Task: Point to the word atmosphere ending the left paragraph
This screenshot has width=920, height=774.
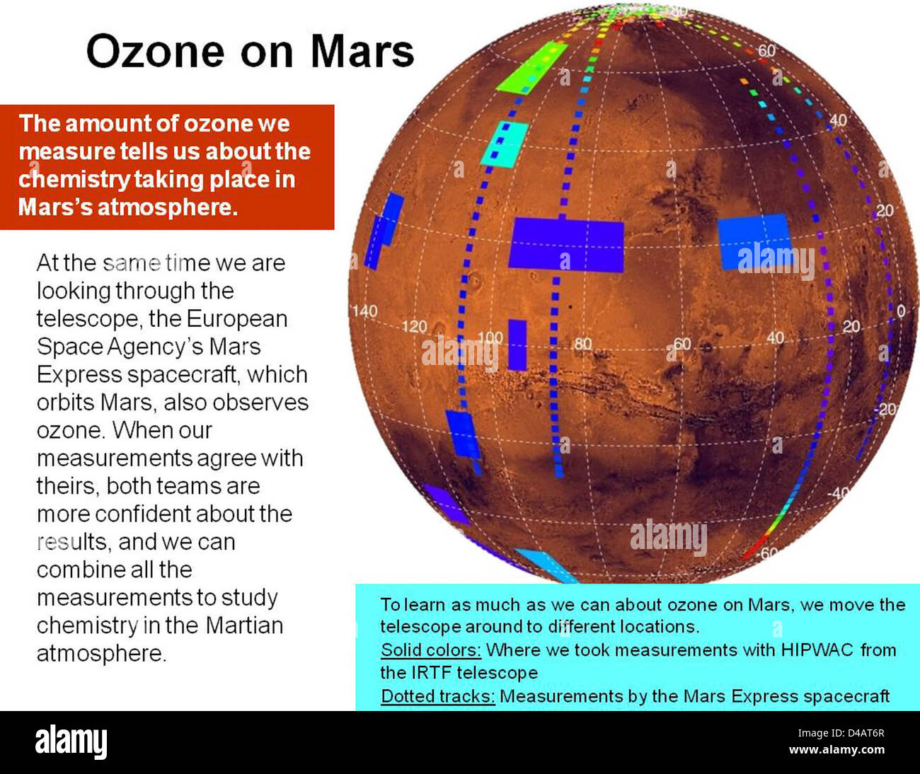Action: click(x=101, y=653)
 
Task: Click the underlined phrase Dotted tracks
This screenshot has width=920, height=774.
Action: click(x=437, y=696)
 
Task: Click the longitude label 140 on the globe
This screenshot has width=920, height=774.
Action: click(x=365, y=311)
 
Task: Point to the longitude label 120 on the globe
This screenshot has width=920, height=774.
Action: click(x=415, y=326)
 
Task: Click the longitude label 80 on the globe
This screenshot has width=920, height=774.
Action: click(x=582, y=344)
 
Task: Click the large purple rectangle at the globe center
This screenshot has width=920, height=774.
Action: click(x=566, y=245)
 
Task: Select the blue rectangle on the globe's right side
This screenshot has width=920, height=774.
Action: click(x=754, y=242)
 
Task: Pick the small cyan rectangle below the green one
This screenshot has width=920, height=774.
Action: click(x=505, y=144)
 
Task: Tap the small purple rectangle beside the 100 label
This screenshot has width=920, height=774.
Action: click(x=517, y=345)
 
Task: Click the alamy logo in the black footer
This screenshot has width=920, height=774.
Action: click(x=71, y=741)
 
